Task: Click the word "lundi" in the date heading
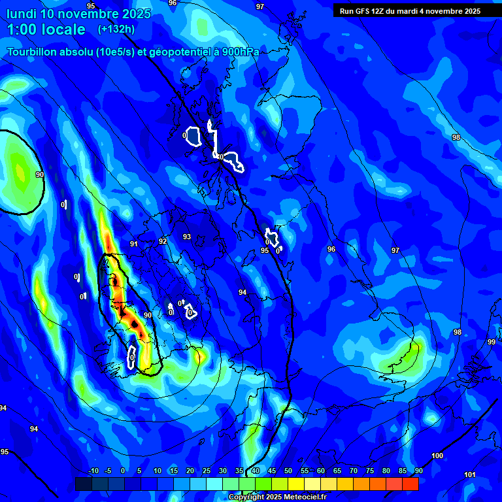coord(22,14)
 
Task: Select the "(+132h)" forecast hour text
coord(116,29)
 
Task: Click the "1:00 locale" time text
coord(46,29)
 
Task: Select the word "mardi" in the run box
coord(416,11)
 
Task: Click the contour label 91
coord(134,244)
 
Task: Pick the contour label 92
coord(163,241)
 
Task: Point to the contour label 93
coord(187,237)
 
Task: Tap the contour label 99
coord(491,342)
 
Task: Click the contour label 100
coord(437,456)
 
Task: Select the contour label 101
coord(469,475)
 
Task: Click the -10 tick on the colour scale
coord(93,471)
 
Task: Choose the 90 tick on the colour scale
coord(418,471)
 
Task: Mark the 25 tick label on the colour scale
coord(207,471)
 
